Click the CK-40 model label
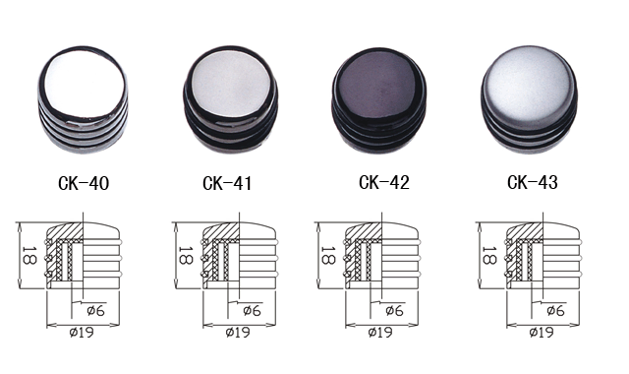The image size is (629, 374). [84, 183]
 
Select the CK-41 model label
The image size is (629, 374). [227, 183]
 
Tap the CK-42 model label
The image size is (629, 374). [384, 182]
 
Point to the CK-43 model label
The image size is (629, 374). [533, 182]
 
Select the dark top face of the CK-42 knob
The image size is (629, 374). [377, 86]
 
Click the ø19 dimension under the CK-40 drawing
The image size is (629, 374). [82, 333]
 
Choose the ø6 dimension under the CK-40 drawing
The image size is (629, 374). [95, 311]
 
